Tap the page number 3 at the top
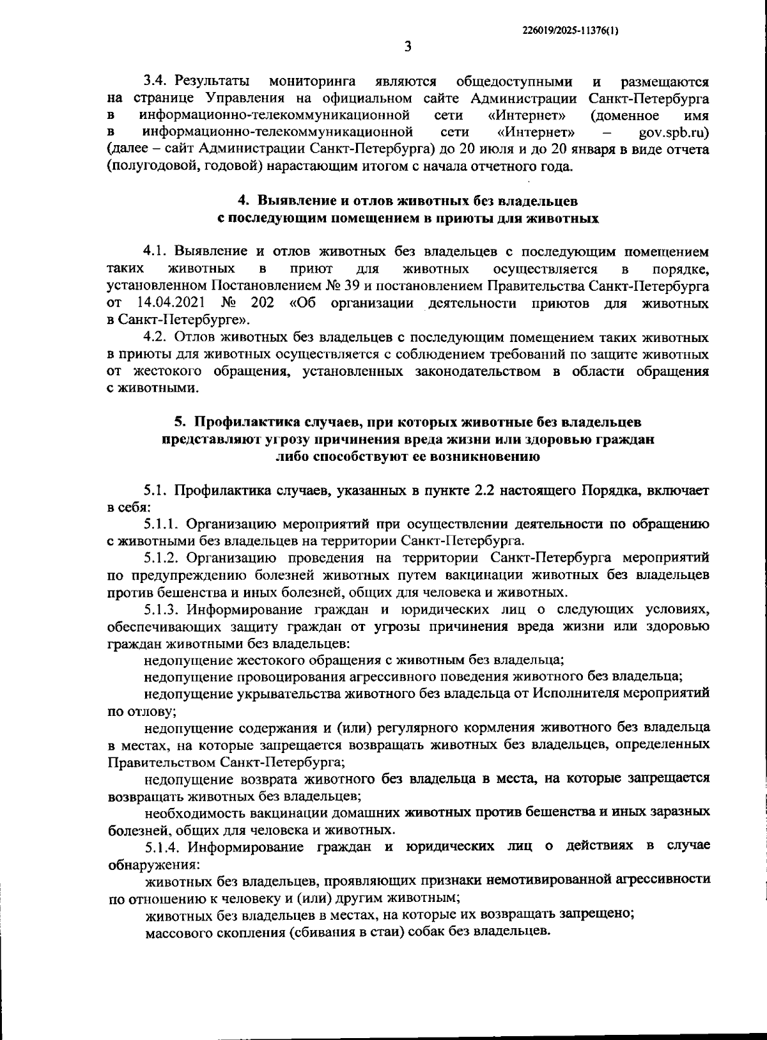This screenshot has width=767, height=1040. click(408, 46)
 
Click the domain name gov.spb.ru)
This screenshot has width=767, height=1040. click(674, 132)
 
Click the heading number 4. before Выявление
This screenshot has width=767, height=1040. click(244, 201)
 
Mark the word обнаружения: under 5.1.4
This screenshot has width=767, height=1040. click(153, 864)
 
